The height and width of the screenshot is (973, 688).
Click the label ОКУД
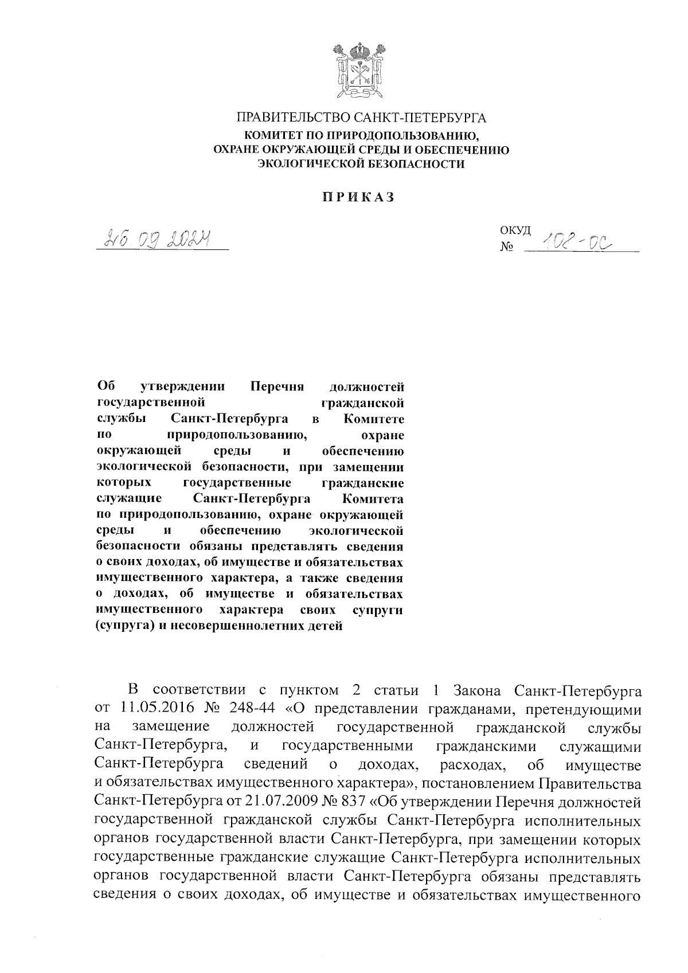[515, 230]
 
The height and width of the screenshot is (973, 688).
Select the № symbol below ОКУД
[507, 248]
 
